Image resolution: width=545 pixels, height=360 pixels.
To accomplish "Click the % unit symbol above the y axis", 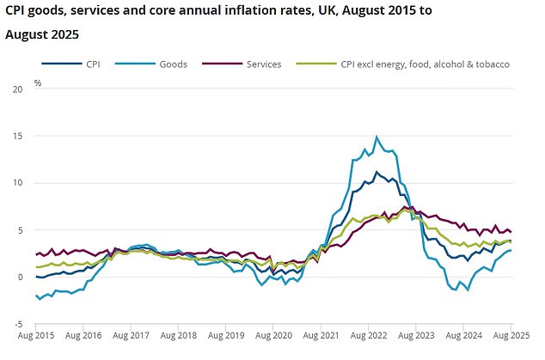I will coord(37,83).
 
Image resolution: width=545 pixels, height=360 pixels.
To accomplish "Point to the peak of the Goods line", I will coord(376,137).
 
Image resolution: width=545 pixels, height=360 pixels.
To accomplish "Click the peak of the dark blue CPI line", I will coord(376,172).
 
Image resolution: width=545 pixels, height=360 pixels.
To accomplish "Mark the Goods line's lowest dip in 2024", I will coord(468,290).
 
